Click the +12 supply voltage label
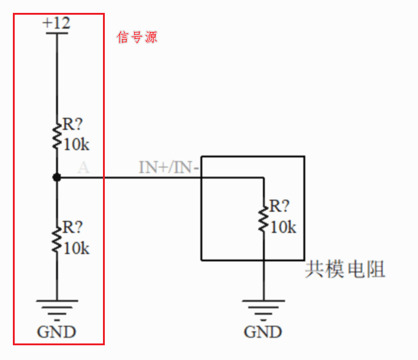[56, 23]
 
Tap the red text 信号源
[137, 37]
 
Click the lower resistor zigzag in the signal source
[56, 238]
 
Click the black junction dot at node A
[56, 177]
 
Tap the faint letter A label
[83, 167]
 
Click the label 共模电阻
[345, 270]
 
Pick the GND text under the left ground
[56, 332]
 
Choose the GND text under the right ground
[263, 332]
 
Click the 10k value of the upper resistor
[77, 145]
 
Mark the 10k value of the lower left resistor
[77, 248]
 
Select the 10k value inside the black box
[283, 227]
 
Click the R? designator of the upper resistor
[72, 124]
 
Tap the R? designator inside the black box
[279, 205]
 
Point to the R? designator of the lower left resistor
[72, 227]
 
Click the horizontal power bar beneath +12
[56, 33]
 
